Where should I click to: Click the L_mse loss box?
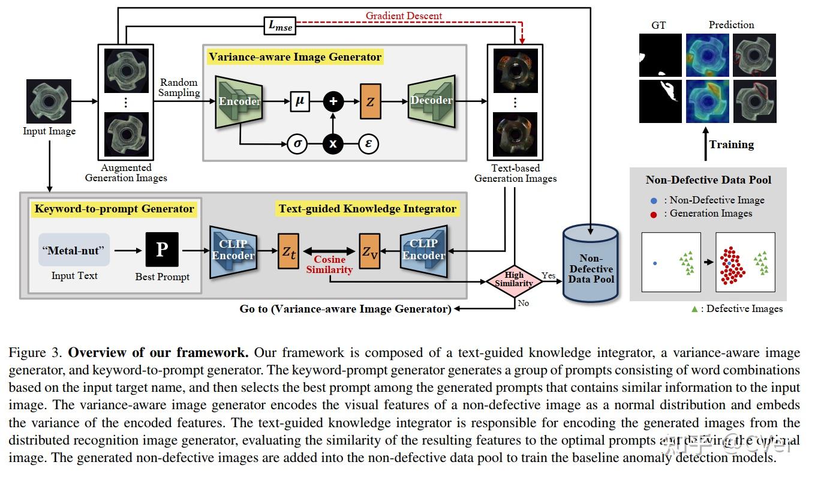coord(279,26)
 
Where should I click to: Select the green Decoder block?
coord(431,100)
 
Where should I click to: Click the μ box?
coord(300,101)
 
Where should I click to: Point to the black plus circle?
coord(333,101)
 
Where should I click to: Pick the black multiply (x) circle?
coord(333,144)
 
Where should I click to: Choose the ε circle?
coord(368,144)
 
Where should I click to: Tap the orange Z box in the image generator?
coord(370,101)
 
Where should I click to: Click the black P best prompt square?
coord(162,250)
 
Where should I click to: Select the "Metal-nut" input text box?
coord(74,250)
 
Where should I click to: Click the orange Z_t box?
coord(288,251)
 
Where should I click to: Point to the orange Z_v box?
coord(369,251)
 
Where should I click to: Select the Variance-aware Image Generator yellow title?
coord(294,57)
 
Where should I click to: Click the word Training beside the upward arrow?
coord(731,145)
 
